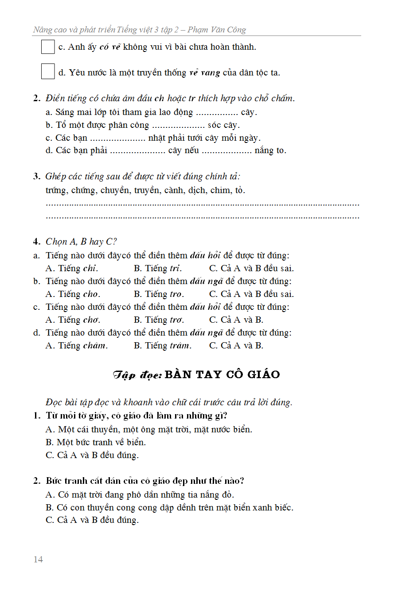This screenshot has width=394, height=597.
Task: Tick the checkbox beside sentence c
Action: point(48,47)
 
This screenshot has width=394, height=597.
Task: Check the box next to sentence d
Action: point(48,72)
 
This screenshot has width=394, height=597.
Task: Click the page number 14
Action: point(38,559)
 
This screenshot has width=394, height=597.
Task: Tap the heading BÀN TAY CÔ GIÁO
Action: point(222,375)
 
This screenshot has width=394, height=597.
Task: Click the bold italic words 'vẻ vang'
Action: point(204,73)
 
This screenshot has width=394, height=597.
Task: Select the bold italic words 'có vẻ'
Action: point(110,47)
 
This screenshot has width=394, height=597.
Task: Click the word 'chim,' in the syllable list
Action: point(220,190)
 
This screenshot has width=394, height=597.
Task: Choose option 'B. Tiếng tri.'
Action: point(158,268)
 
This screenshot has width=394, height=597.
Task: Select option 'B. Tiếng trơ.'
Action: point(159,320)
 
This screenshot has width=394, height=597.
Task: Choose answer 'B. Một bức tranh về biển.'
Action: point(96,442)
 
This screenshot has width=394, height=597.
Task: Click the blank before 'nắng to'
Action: point(227,151)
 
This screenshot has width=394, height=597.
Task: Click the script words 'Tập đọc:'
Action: point(137,375)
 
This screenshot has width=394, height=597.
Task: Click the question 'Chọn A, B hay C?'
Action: point(81,242)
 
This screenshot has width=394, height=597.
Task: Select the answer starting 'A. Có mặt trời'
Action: point(140,494)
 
